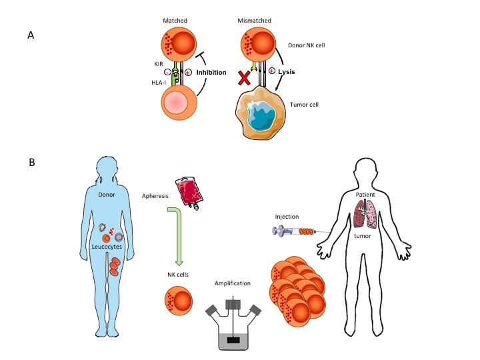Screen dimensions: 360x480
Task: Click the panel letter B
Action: tap(31, 161)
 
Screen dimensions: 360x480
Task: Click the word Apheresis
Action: tap(155, 197)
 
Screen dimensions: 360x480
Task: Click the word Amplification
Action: tap(233, 283)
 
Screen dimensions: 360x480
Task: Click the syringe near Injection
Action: tap(293, 231)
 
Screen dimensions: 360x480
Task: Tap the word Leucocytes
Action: tap(109, 246)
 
